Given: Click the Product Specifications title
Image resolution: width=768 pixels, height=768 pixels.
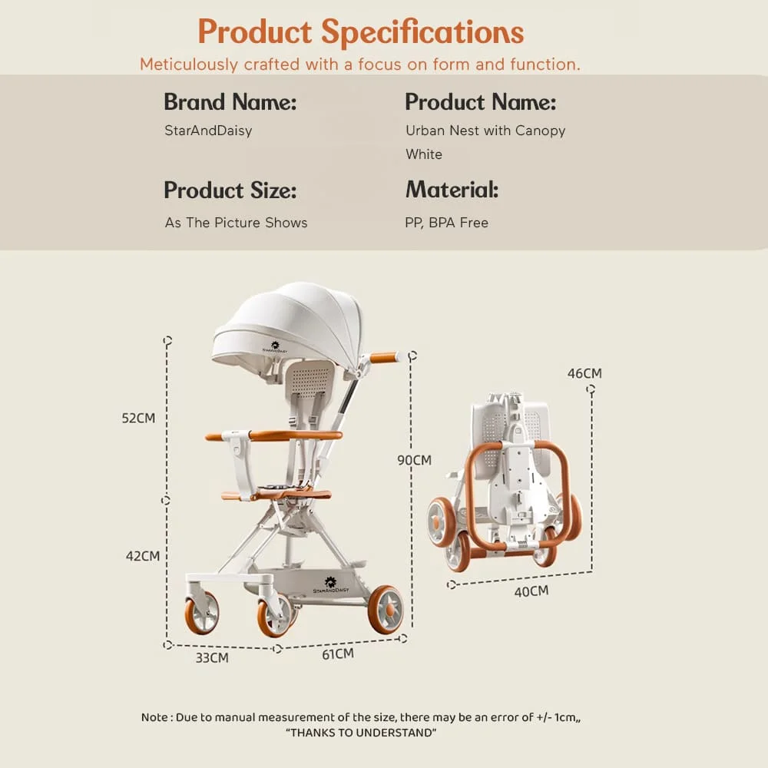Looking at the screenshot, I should (x=361, y=31).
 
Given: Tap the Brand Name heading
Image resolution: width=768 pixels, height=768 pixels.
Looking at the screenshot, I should (x=230, y=102).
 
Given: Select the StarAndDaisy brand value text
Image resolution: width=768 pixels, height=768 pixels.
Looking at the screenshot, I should (x=208, y=131).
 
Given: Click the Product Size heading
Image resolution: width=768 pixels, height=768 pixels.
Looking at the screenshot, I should (x=230, y=190).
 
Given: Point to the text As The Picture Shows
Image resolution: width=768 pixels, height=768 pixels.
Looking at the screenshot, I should (x=236, y=223).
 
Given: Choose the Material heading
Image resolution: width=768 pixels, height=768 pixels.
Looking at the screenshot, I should (x=452, y=190).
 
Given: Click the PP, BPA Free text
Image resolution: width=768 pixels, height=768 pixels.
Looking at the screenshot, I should (x=446, y=223).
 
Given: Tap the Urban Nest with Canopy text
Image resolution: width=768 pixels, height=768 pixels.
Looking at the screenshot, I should (x=485, y=131).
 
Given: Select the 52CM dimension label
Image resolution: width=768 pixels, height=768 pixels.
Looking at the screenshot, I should (x=138, y=419).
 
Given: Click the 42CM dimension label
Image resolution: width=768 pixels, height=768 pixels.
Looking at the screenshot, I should (x=142, y=556).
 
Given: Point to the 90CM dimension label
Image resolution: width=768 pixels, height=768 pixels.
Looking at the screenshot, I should (x=414, y=461).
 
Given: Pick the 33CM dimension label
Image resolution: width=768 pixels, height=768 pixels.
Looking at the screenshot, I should (x=211, y=658).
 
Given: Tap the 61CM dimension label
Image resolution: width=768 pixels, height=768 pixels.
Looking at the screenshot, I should (x=337, y=654).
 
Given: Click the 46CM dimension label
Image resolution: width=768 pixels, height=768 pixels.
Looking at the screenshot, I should (x=584, y=374).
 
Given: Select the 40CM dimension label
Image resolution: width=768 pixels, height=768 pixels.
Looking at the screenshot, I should (x=531, y=591).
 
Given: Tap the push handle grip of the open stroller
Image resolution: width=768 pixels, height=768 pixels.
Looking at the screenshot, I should (x=384, y=358).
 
